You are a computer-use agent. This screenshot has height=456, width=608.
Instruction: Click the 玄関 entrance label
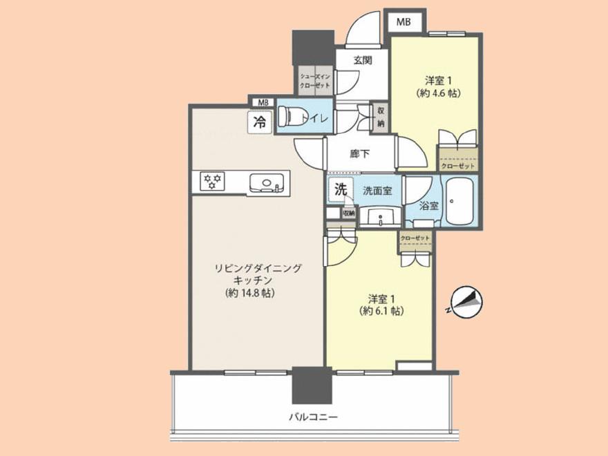point(363,60)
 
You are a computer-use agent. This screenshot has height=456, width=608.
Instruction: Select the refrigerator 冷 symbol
point(260,123)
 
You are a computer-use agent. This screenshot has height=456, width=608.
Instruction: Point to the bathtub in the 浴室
point(460,201)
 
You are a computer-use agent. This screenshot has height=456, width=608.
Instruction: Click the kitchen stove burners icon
point(211,182)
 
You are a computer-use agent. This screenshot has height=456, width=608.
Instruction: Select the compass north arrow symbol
point(466,302)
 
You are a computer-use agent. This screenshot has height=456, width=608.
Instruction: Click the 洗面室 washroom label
point(378,191)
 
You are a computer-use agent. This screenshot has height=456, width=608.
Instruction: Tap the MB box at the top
point(404,22)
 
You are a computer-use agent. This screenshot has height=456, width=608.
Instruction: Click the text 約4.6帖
point(439,92)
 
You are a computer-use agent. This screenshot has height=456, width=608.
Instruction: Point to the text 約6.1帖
point(381,311)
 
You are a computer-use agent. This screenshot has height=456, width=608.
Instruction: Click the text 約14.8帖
point(250,294)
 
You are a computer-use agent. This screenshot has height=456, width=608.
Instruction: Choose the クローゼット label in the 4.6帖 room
point(457,167)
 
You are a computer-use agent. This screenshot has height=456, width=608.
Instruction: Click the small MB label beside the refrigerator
point(262,102)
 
